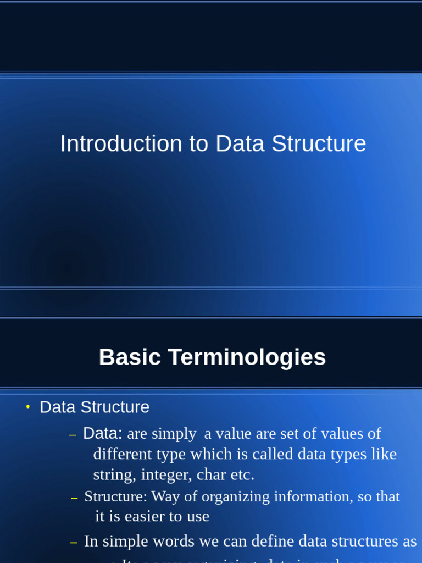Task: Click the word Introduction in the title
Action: click(x=120, y=144)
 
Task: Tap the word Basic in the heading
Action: click(x=130, y=357)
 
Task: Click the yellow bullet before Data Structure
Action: click(x=27, y=407)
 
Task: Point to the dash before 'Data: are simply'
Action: click(x=73, y=435)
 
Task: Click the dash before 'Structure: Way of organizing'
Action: click(x=74, y=498)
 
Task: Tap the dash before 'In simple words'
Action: click(x=74, y=543)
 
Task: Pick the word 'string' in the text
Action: click(x=114, y=474)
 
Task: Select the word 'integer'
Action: click(x=166, y=474)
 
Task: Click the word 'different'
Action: click(x=124, y=455)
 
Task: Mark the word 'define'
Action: click(x=273, y=542)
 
